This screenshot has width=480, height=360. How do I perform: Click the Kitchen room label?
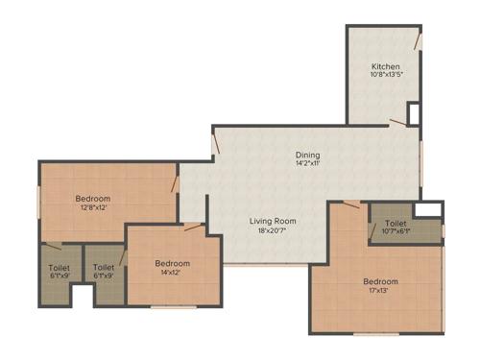click(386, 66)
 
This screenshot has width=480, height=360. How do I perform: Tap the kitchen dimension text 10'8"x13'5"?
click(386, 77)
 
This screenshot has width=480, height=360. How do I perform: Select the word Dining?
click(307, 155)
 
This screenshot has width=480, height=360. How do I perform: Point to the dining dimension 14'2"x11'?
click(307, 164)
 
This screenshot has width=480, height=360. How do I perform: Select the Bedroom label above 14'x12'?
click(173, 263)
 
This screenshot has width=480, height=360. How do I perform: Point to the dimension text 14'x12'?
click(173, 273)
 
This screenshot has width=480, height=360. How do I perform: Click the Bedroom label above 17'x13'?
click(380, 281)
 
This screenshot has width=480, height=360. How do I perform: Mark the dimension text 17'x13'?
click(380, 291)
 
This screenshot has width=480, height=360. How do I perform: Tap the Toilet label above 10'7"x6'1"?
click(396, 222)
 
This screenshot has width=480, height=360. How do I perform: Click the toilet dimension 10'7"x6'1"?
click(396, 231)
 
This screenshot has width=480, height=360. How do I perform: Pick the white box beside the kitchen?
click(413, 112)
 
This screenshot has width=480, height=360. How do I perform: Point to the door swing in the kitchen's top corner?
click(418, 41)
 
